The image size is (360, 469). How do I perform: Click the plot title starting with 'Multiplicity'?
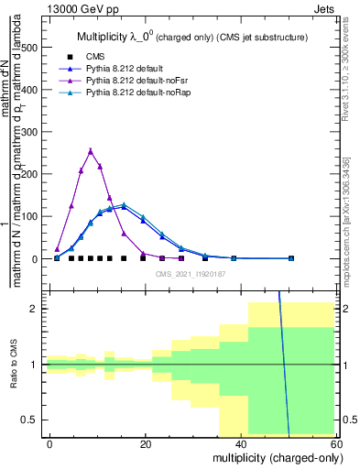click(192, 38)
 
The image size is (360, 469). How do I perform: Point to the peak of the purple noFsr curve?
click(91, 150)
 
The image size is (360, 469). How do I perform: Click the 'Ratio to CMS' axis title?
click(15, 365)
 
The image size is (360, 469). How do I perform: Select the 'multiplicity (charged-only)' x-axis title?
click(273, 456)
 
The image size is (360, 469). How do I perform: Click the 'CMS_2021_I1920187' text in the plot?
click(191, 274)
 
